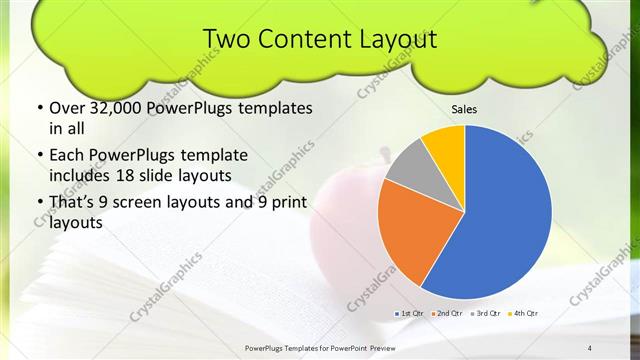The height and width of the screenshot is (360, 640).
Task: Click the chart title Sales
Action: tap(463, 108)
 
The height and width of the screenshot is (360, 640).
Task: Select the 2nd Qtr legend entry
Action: tap(447, 314)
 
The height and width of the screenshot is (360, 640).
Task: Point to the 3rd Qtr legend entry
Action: tap(486, 314)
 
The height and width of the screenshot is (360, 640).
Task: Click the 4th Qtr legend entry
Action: tap(523, 314)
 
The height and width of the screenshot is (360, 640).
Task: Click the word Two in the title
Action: tap(225, 39)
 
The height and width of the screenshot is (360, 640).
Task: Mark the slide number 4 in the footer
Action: tap(590, 347)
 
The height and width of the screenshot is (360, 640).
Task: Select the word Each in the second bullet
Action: tap(67, 155)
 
